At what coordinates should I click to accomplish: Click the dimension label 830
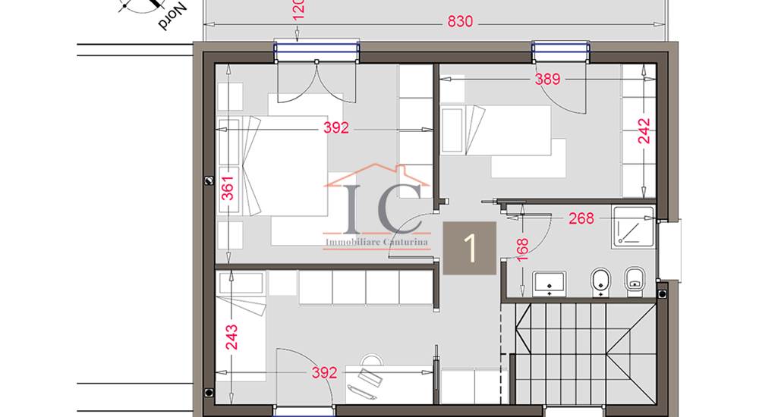click(x=460, y=22)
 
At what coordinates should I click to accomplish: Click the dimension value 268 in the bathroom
click(x=581, y=218)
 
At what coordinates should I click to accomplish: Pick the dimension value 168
click(x=522, y=249)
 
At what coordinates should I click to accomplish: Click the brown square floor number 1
click(x=470, y=248)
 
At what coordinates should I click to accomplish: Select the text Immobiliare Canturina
click(x=376, y=243)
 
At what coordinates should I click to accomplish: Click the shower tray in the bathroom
click(x=633, y=225)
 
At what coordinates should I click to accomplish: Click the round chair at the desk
click(x=372, y=360)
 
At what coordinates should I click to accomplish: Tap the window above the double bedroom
click(x=317, y=50)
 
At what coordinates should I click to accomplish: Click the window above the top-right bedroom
click(x=561, y=50)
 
